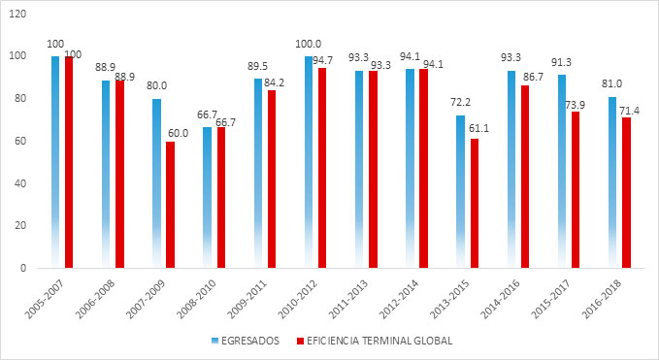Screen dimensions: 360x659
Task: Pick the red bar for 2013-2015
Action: pyautogui.click(x=474, y=203)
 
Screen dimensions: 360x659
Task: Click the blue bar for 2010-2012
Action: pyautogui.click(x=309, y=161)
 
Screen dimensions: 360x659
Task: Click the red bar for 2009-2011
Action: pyautogui.click(x=272, y=179)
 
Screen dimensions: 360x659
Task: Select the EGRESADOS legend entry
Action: pyautogui.click(x=247, y=340)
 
